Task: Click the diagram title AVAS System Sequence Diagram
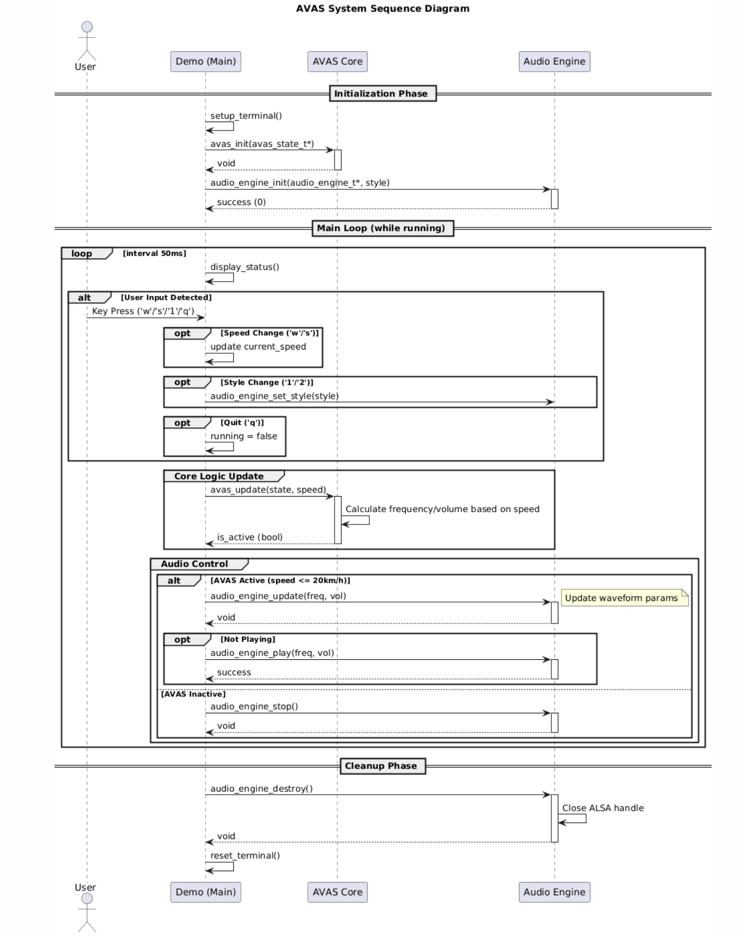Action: coord(383,9)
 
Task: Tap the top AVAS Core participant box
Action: coord(337,62)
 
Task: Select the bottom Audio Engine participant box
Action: coord(554,892)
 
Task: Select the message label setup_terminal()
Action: coord(246,116)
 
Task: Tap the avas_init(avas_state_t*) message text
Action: coord(262,144)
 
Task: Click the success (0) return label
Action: coord(241,202)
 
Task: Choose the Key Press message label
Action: coord(143,311)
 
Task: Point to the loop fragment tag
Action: coord(82,254)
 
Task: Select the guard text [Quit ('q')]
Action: coord(242,422)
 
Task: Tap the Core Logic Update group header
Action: coord(219,476)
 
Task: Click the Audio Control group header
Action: coord(194,564)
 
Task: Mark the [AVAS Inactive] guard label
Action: coord(193,694)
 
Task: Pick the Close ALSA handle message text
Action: coord(603,808)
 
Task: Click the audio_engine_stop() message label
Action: coord(254,706)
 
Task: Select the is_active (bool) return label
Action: coord(249,537)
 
